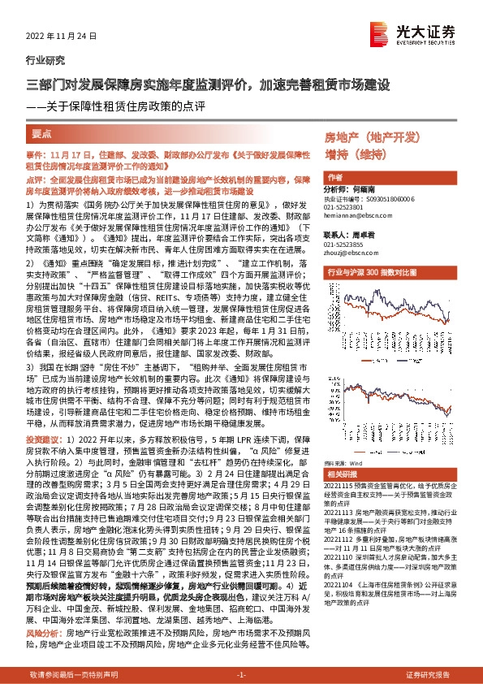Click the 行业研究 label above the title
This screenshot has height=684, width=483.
coord(42,62)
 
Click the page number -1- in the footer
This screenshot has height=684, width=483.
coord(241,675)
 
